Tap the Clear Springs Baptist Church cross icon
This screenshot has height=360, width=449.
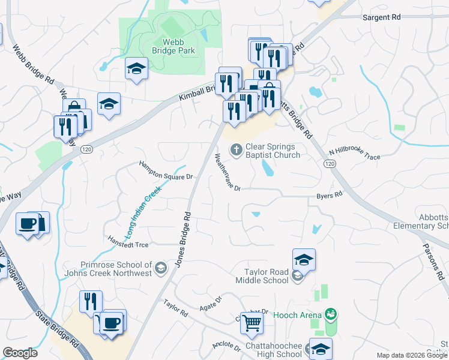[x=237, y=149]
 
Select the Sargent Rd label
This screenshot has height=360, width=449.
[x=381, y=18]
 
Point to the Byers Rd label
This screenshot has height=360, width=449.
[x=329, y=195]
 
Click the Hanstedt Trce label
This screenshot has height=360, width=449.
[x=128, y=244]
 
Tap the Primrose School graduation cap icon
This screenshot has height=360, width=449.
[x=160, y=268]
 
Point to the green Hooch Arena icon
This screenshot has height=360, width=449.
[x=330, y=314]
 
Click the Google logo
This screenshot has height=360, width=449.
[x=20, y=353]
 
